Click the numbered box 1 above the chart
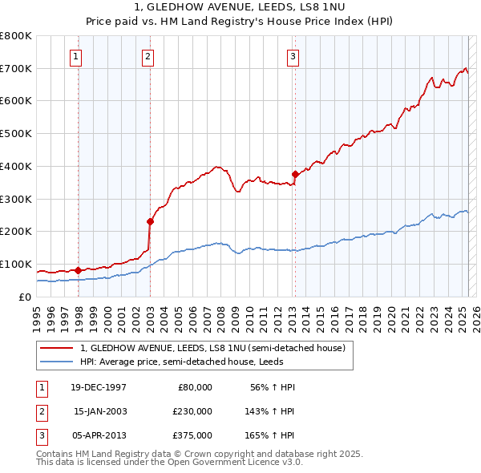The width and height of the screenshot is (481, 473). tap(75, 56)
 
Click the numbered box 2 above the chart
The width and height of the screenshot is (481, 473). tap(148, 56)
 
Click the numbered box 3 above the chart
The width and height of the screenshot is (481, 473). tap(293, 56)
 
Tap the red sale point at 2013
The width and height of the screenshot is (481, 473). tap(295, 174)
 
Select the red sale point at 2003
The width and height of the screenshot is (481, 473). tap(150, 221)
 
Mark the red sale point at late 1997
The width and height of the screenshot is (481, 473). tap(78, 270)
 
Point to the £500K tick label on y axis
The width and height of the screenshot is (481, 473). tap(15, 133)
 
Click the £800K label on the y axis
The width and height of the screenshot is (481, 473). tap(15, 36)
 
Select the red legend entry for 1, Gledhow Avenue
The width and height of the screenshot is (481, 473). tap(213, 348)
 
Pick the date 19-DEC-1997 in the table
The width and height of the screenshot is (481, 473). tap(99, 387)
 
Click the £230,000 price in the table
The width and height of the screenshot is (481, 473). tap(192, 411)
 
